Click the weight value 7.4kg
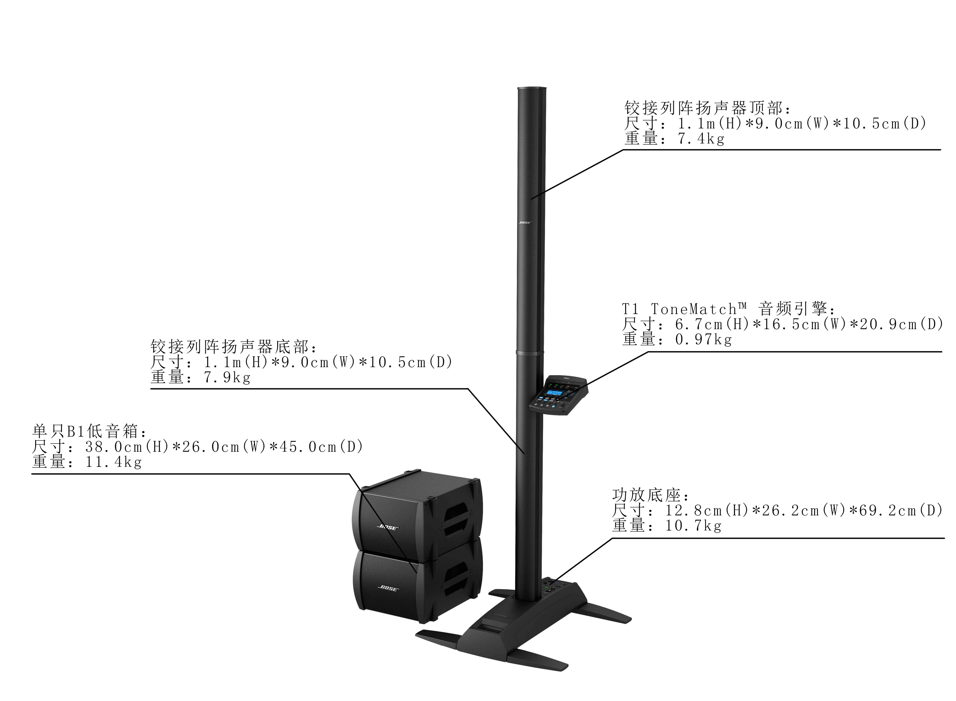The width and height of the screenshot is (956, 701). click(701, 139)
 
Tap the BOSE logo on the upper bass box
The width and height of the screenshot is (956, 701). click(387, 527)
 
